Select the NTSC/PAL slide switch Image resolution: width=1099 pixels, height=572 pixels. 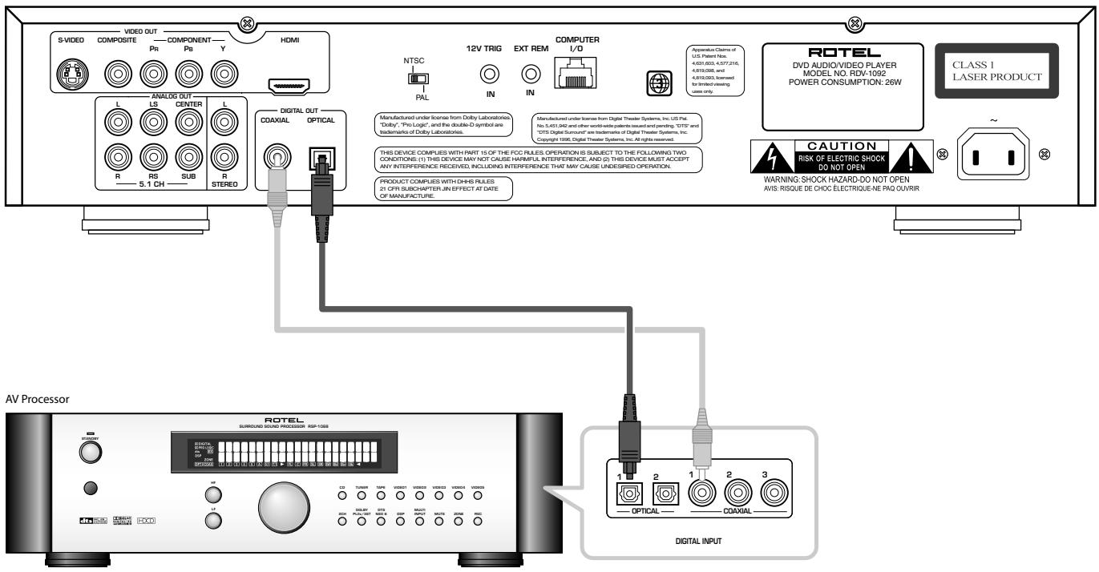click(417, 79)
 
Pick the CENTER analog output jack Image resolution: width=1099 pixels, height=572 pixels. click(188, 122)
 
